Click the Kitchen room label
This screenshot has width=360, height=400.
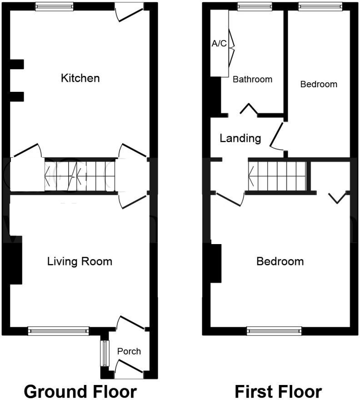click(x=80, y=78)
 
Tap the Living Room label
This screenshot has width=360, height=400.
click(x=80, y=261)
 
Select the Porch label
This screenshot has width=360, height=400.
click(x=129, y=351)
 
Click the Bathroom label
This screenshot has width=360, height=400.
click(x=252, y=80)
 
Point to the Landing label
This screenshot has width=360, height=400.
click(x=240, y=138)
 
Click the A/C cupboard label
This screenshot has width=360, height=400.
click(x=219, y=43)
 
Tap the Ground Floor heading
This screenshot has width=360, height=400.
click(x=80, y=391)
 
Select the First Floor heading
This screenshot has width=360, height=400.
click(x=278, y=391)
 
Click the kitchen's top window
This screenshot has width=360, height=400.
click(x=55, y=7)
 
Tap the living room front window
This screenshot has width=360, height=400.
click(x=59, y=331)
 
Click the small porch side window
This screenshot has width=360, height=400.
click(x=105, y=353)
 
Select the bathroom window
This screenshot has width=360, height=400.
click(x=255, y=7)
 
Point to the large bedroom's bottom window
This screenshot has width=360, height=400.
click(x=274, y=331)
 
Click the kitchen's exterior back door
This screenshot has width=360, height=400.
click(x=129, y=13)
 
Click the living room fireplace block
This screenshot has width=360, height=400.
click(x=12, y=260)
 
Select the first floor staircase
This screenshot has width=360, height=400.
click(x=277, y=176)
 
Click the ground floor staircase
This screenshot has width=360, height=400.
click(x=80, y=175)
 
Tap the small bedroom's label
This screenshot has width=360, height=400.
click(x=319, y=84)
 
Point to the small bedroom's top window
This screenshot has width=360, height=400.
click(x=320, y=7)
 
